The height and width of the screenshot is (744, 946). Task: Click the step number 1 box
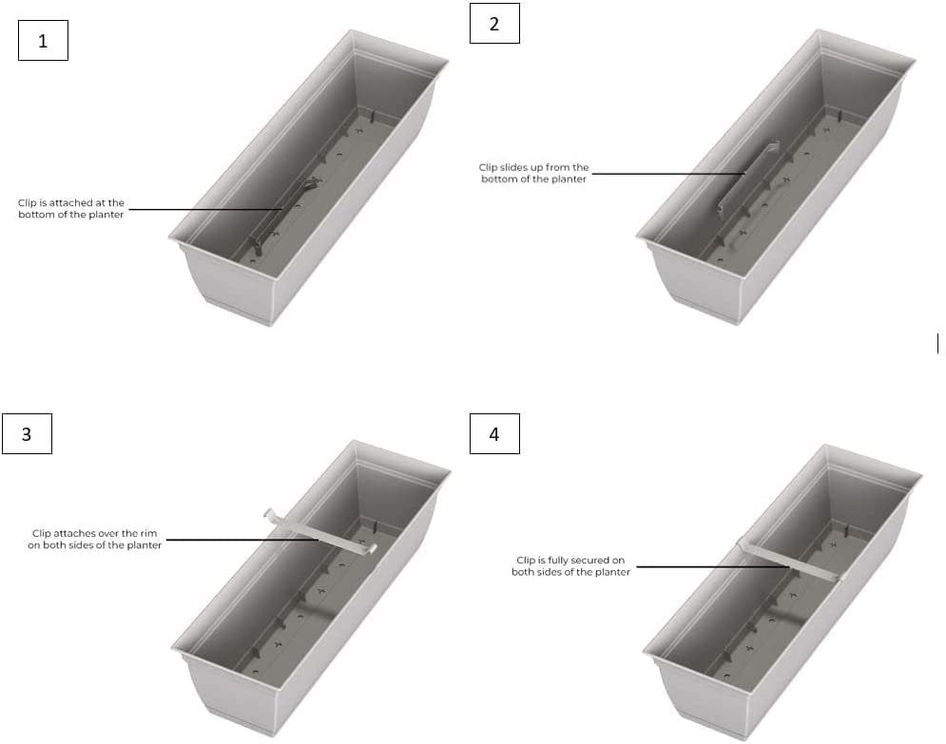[43, 41]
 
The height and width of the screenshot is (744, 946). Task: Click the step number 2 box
[494, 24]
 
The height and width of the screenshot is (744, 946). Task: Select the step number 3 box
[28, 433]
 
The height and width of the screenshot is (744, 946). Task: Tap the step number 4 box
[494, 433]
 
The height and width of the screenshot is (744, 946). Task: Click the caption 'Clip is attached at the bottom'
[71, 209]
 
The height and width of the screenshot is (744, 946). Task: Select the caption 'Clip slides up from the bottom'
[534, 173]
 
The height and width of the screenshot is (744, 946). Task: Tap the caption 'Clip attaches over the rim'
[95, 539]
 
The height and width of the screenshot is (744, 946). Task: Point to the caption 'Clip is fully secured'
[570, 566]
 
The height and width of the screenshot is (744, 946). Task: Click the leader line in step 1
[205, 210]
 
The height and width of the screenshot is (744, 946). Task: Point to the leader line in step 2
[668, 174]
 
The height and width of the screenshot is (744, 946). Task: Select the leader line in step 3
[241, 540]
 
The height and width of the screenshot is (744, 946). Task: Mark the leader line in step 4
[713, 566]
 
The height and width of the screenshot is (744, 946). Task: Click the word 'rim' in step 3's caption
[149, 533]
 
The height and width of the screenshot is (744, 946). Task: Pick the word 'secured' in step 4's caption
[604, 560]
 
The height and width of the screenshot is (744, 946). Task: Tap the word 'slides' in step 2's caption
[512, 167]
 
